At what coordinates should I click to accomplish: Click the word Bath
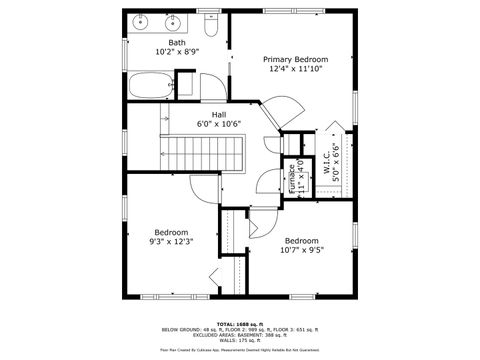tap(177, 43)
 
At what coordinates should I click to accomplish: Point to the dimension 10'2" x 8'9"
tap(177, 53)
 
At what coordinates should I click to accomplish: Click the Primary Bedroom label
tap(297, 59)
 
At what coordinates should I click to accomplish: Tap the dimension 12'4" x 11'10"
tap(297, 69)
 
